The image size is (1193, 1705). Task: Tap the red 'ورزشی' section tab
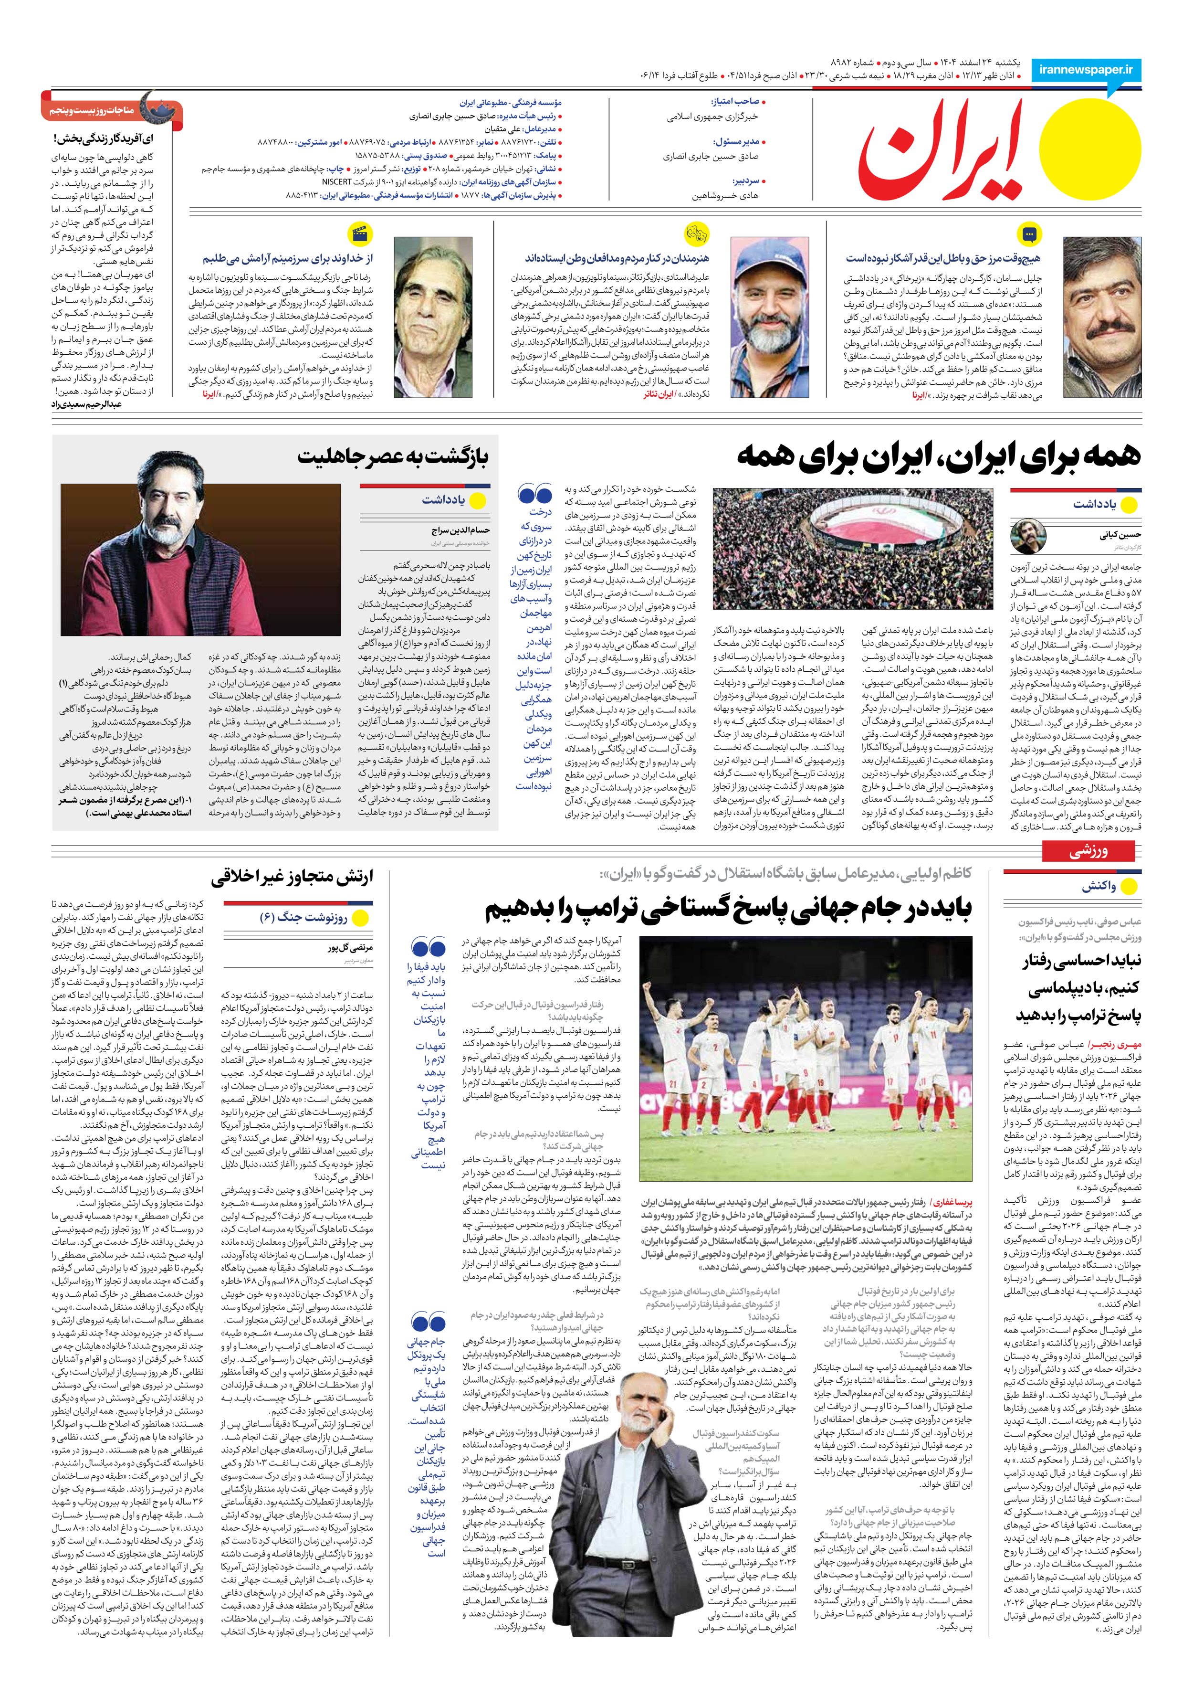(1088, 851)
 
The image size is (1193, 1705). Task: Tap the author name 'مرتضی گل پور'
(350, 948)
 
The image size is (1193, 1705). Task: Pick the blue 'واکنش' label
(1099, 886)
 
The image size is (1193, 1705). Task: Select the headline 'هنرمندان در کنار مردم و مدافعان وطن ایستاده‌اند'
(617, 258)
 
